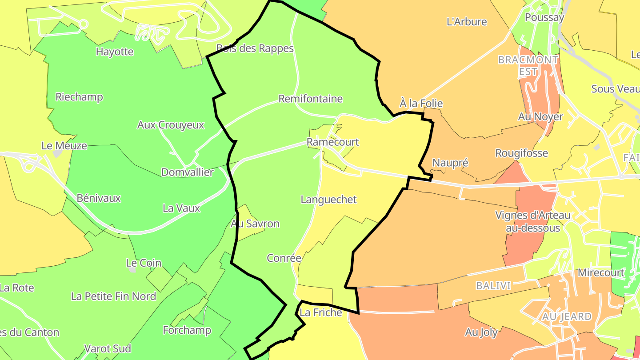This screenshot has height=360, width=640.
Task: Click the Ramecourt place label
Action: tap(332, 142)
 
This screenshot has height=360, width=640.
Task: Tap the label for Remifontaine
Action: tap(311, 99)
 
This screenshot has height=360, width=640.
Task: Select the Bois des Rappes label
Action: tap(255, 48)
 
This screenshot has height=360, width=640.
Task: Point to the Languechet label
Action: tap(328, 200)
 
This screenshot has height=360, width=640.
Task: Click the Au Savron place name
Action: tap(255, 224)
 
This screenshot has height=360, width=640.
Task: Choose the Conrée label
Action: tap(284, 258)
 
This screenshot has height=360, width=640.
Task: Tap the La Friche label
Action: tap(320, 312)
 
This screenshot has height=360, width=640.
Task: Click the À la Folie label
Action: tap(421, 104)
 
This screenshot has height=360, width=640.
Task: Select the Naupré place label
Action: tap(450, 163)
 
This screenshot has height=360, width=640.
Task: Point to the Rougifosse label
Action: tap(522, 153)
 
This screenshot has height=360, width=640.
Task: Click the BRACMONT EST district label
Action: tap(528, 65)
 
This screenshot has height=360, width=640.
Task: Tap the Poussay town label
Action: tap(544, 18)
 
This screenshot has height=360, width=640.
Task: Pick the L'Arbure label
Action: tap(467, 22)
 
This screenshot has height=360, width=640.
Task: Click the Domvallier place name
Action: tap(188, 172)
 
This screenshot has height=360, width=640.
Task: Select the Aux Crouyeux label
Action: tap(171, 125)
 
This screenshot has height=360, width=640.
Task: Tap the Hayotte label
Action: tap(115, 52)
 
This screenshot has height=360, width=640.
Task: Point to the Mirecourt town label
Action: tap(601, 272)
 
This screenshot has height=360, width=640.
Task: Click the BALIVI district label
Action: tap(493, 285)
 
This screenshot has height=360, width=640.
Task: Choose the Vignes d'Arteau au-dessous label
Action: tap(533, 221)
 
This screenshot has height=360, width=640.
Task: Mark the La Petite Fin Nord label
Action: tap(113, 296)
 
